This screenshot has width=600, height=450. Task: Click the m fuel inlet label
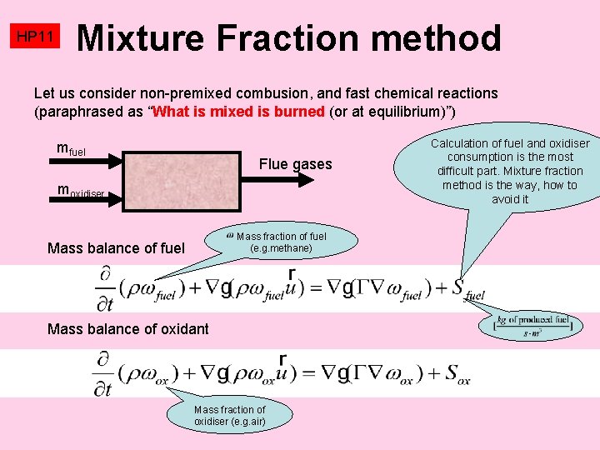(x=70, y=150)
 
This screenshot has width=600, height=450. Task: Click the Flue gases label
(x=295, y=164)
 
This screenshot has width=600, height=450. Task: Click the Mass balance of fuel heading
(x=117, y=247)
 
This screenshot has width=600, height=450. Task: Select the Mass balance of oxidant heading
(x=128, y=329)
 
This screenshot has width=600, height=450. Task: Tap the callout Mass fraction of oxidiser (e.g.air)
(x=228, y=415)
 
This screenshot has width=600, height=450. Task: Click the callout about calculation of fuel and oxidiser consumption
(x=509, y=171)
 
